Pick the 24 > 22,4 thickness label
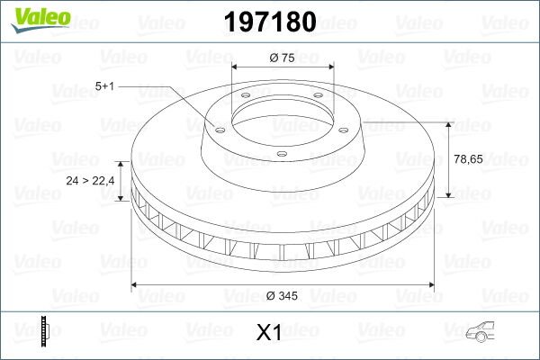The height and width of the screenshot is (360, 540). (x=90, y=181)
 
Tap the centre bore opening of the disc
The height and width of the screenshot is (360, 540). (x=283, y=112)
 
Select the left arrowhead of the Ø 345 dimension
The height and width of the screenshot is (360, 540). (x=136, y=285)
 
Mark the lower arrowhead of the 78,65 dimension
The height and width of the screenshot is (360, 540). (x=448, y=195)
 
